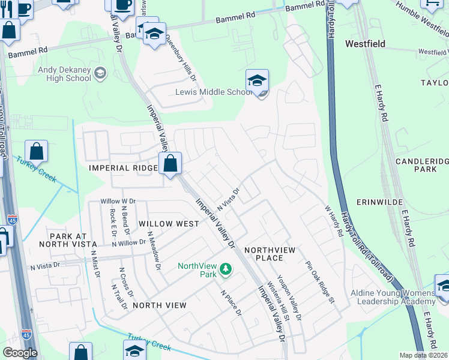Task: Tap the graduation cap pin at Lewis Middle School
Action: pos(258,82)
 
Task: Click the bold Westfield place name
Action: pos(365,44)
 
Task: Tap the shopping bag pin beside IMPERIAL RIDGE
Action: pos(170,163)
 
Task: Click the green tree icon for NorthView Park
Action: pos(226,269)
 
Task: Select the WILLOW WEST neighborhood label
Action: pos(168,223)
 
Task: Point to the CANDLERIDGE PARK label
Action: pos(421,166)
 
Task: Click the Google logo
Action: pos(20,353)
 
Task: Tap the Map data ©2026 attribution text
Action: pos(424,355)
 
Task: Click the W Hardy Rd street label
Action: pos(334,221)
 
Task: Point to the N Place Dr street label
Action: pos(231,303)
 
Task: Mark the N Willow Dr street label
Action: pos(128,242)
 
